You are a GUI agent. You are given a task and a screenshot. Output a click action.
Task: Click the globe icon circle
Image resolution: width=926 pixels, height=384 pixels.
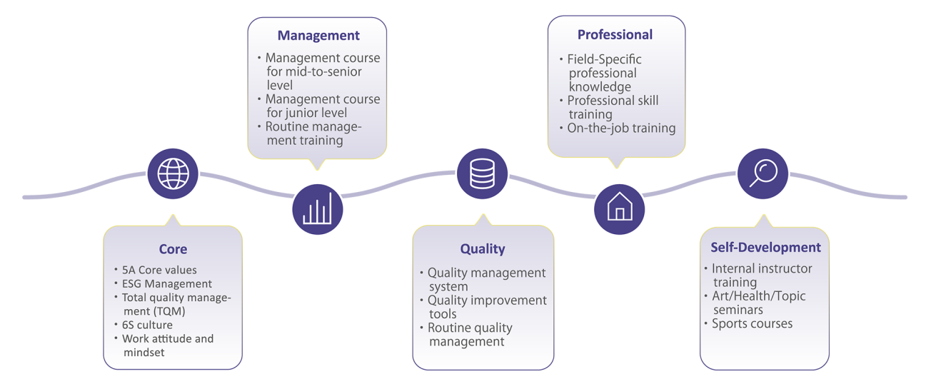(173, 173)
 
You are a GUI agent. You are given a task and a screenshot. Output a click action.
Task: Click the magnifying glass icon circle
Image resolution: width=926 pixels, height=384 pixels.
(763, 173)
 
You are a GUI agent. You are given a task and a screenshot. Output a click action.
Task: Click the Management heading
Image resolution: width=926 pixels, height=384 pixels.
(318, 36)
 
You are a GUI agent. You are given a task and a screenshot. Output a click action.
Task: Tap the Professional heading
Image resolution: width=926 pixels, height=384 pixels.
(615, 34)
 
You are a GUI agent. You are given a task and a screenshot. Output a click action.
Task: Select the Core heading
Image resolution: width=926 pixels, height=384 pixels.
(173, 249)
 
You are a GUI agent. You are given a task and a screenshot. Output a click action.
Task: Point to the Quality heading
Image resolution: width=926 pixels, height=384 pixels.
(482, 249)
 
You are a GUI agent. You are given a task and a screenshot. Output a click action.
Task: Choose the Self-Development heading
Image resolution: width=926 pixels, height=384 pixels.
(765, 248)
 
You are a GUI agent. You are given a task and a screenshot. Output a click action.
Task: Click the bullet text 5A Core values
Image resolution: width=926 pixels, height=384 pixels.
(159, 270)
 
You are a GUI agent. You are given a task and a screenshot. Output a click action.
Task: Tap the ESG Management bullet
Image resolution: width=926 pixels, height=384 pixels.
(167, 283)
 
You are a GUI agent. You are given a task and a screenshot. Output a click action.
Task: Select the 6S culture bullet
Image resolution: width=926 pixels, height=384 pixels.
(147, 325)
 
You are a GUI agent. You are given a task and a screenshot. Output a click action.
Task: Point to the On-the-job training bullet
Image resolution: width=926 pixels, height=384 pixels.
(621, 128)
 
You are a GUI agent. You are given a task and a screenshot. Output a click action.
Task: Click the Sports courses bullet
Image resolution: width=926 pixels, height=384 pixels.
(752, 323)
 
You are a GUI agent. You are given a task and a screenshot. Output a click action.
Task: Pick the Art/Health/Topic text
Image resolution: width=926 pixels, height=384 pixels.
(758, 296)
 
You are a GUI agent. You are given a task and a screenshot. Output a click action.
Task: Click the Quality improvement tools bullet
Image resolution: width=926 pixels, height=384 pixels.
(487, 307)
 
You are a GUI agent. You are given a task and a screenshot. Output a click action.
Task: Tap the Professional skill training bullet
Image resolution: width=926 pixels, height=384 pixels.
(613, 107)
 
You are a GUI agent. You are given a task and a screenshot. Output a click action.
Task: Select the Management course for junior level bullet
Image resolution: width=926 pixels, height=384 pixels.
(323, 106)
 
